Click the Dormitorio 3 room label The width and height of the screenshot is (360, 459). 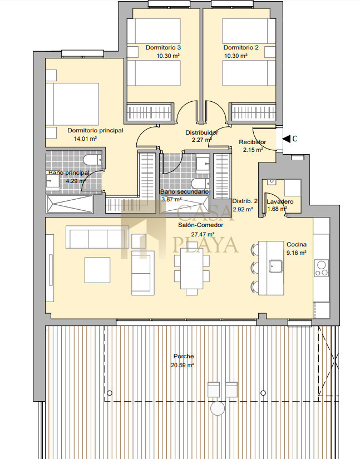click(163, 47)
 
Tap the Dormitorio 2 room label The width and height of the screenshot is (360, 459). click(241, 47)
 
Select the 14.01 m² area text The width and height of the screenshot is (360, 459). click(85, 139)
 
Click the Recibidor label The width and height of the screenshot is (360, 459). click(252, 142)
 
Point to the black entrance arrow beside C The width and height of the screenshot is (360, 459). click(286, 139)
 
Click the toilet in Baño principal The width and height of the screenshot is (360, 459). click(92, 160)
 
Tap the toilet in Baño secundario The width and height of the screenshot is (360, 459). click(200, 184)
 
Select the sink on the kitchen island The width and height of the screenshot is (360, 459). click(276, 266)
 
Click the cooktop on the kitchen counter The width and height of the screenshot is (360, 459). click(322, 268)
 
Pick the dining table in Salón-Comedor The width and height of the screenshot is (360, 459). click(192, 268)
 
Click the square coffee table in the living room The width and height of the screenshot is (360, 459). click(97, 270)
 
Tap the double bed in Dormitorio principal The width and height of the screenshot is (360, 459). click(72, 104)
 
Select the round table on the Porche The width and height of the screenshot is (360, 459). click(218, 408)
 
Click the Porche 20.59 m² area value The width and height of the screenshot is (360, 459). click(183, 366)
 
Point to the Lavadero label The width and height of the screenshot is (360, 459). click(280, 201)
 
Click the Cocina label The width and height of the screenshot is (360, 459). click(297, 244)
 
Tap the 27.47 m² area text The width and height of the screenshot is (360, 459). click(203, 234)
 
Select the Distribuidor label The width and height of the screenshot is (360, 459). click(201, 132)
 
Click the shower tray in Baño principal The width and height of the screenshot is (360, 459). click(69, 204)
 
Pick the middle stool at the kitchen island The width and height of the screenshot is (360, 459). click(255, 268)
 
